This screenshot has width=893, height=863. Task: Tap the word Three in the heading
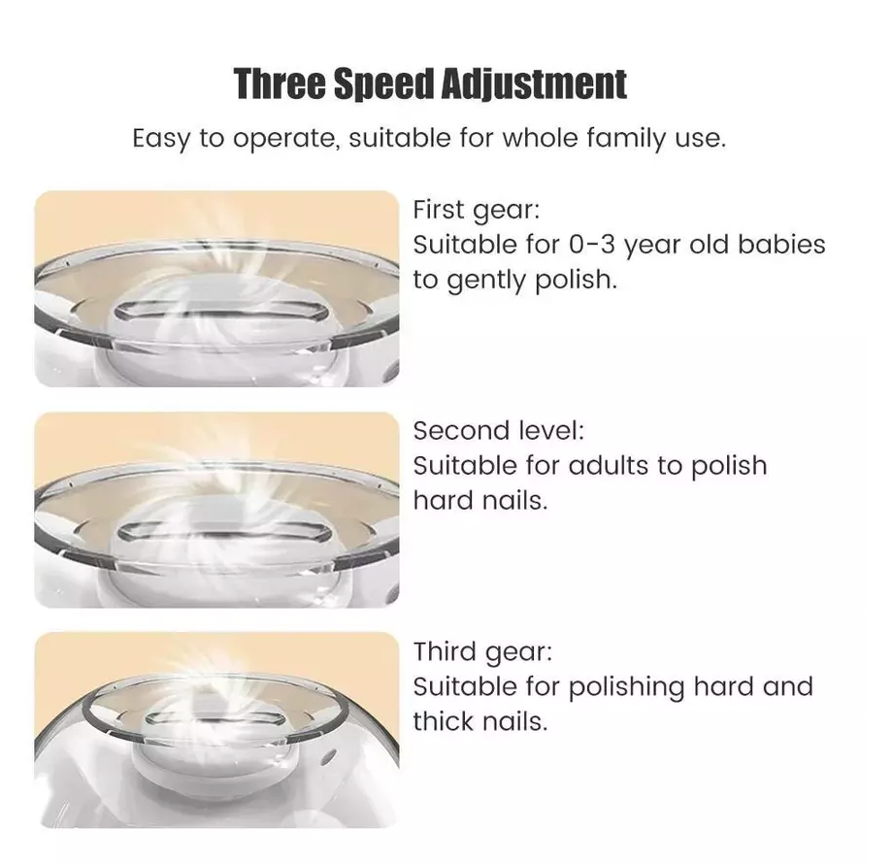point(281,84)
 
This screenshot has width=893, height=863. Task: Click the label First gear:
point(476,210)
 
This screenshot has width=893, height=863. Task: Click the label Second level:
point(499,430)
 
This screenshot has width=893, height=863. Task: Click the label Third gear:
point(482,651)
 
